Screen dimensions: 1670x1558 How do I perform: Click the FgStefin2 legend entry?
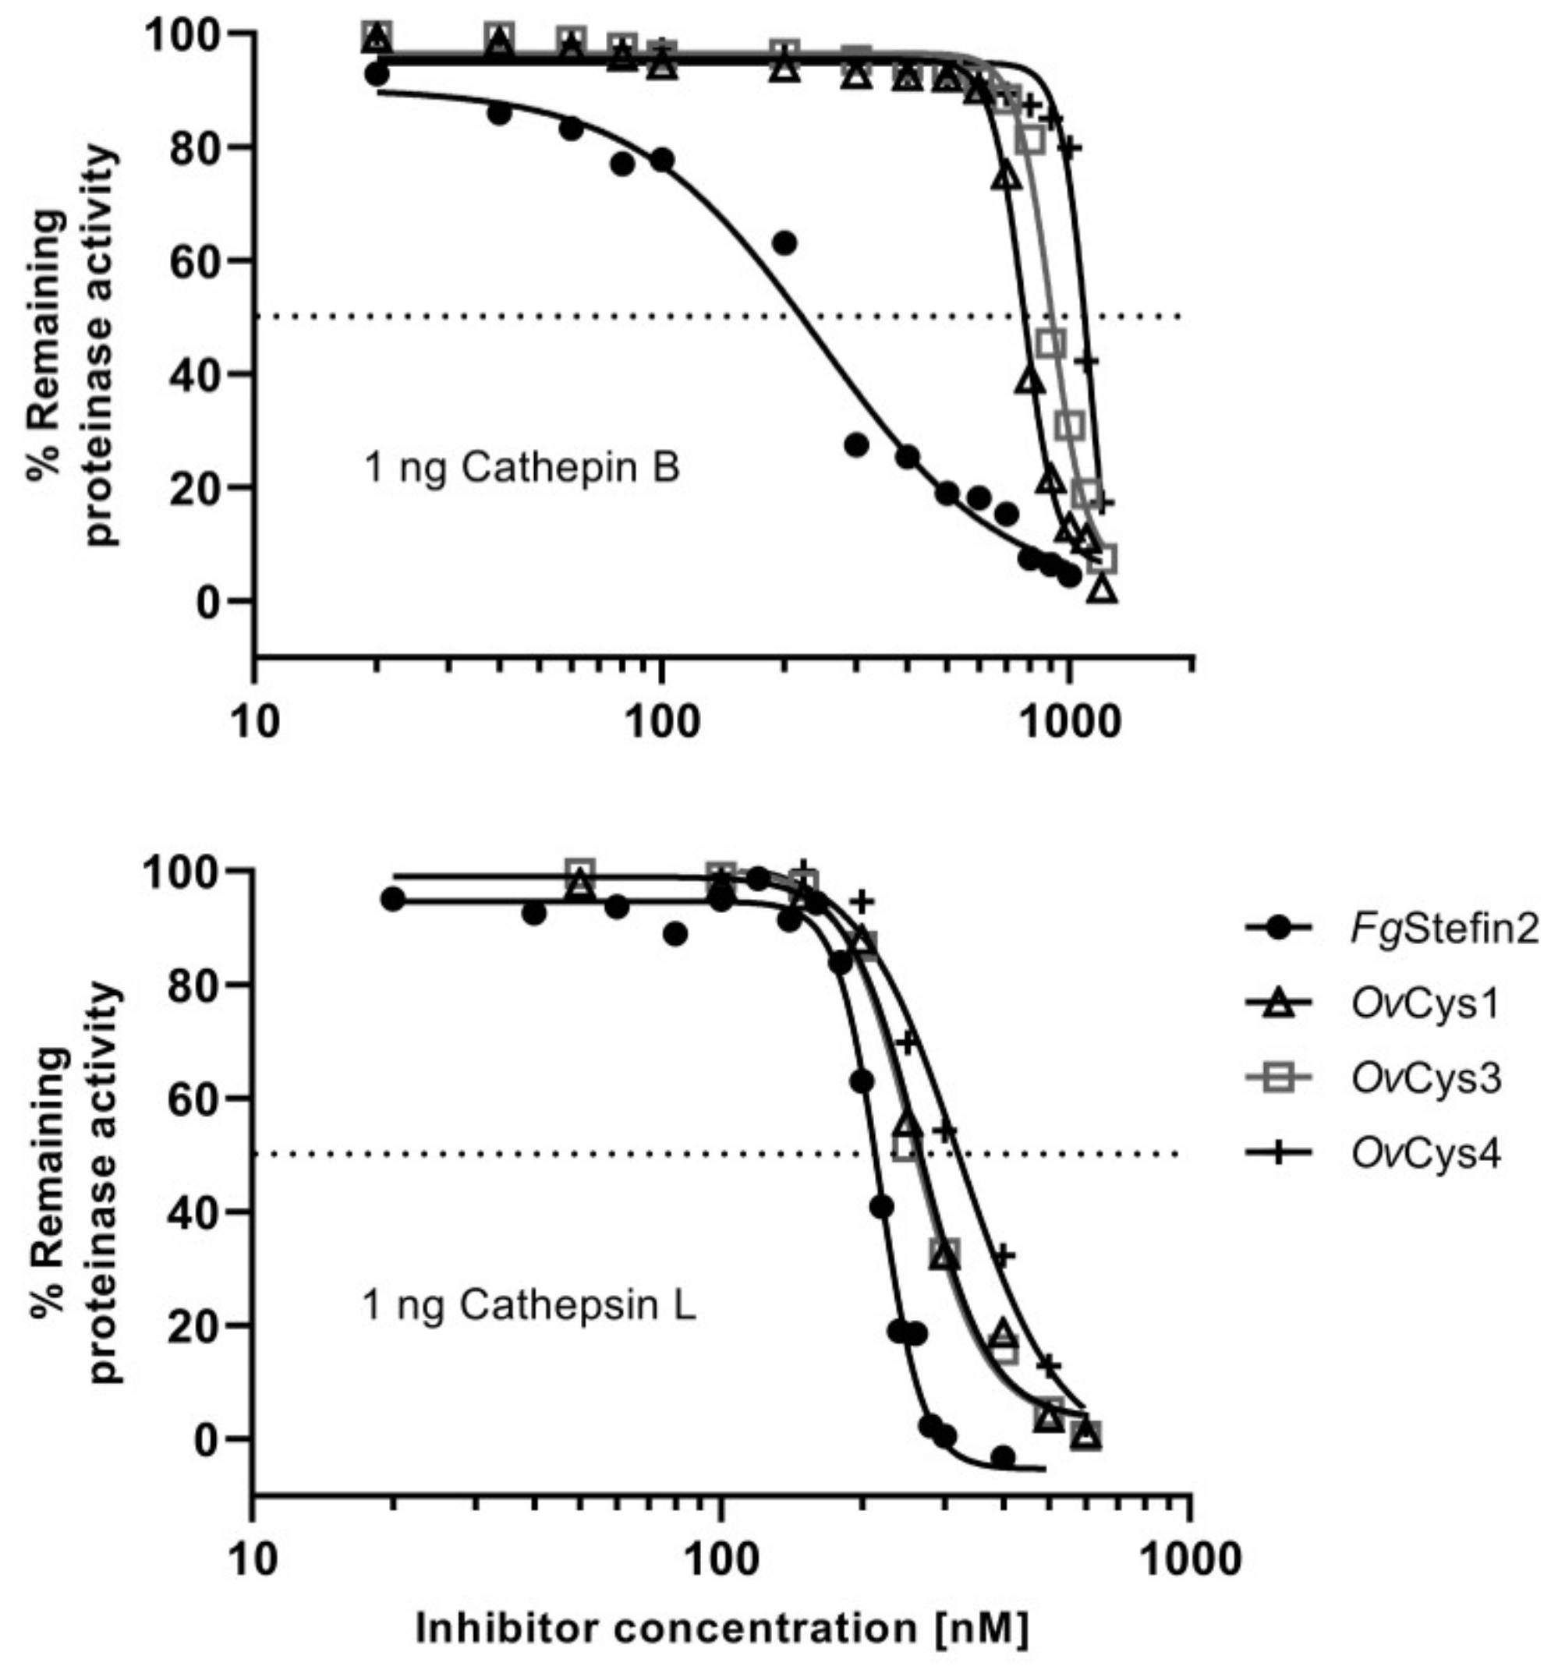(1391, 929)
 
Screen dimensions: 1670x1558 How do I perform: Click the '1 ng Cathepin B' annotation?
(522, 468)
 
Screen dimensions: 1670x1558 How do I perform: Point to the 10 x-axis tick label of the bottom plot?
(252, 1559)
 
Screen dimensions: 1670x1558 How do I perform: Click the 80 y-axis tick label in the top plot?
(195, 147)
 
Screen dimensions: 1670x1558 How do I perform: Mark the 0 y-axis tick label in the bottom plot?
(207, 1439)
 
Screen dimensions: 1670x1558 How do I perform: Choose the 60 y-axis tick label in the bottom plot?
(195, 1098)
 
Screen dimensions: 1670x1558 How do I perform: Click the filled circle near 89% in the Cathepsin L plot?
(675, 933)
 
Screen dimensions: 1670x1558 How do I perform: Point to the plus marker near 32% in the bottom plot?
(1003, 1255)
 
